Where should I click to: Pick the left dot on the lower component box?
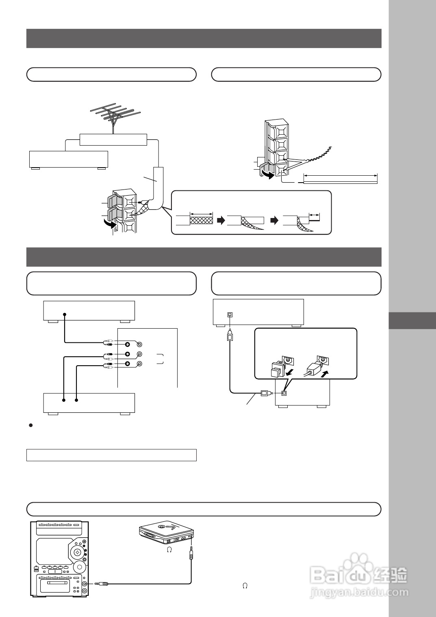coord(64,400)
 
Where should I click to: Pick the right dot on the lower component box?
coord(76,400)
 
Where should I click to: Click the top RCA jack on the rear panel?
coord(127,343)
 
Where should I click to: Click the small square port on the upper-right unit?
coord(230,314)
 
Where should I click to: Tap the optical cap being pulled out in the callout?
coord(277,369)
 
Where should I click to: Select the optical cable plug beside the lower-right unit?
coord(264,393)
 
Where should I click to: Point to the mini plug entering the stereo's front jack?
coord(102,584)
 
